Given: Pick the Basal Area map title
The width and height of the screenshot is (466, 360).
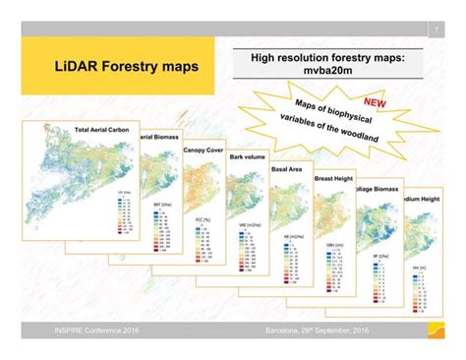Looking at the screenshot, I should click(x=287, y=169).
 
